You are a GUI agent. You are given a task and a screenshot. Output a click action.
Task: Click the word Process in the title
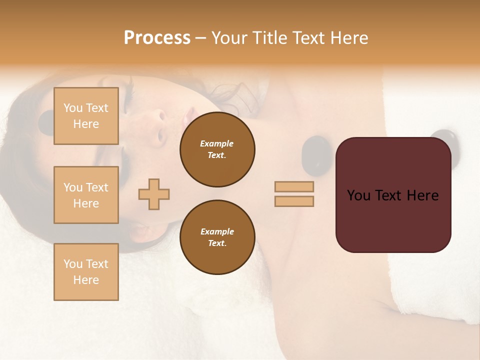click(157, 38)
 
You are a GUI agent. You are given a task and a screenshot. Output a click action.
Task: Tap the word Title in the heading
click(270, 38)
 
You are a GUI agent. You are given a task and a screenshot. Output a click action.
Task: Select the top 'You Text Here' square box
click(86, 116)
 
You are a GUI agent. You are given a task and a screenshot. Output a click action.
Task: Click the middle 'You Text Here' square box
click(86, 195)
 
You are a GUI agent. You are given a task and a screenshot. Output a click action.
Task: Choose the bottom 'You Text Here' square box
click(86, 271)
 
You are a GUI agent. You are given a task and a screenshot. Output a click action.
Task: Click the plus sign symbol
click(154, 194)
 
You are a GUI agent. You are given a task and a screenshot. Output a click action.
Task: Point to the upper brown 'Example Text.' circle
click(217, 149)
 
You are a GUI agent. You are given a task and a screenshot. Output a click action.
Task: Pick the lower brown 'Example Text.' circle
click(217, 237)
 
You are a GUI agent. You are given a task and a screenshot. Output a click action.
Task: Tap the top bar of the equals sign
click(294, 186)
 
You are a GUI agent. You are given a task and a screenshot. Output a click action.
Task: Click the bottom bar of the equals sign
click(294, 201)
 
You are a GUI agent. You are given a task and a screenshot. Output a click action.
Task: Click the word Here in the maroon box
click(422, 195)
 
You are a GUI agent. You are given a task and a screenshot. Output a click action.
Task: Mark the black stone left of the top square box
click(46, 122)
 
